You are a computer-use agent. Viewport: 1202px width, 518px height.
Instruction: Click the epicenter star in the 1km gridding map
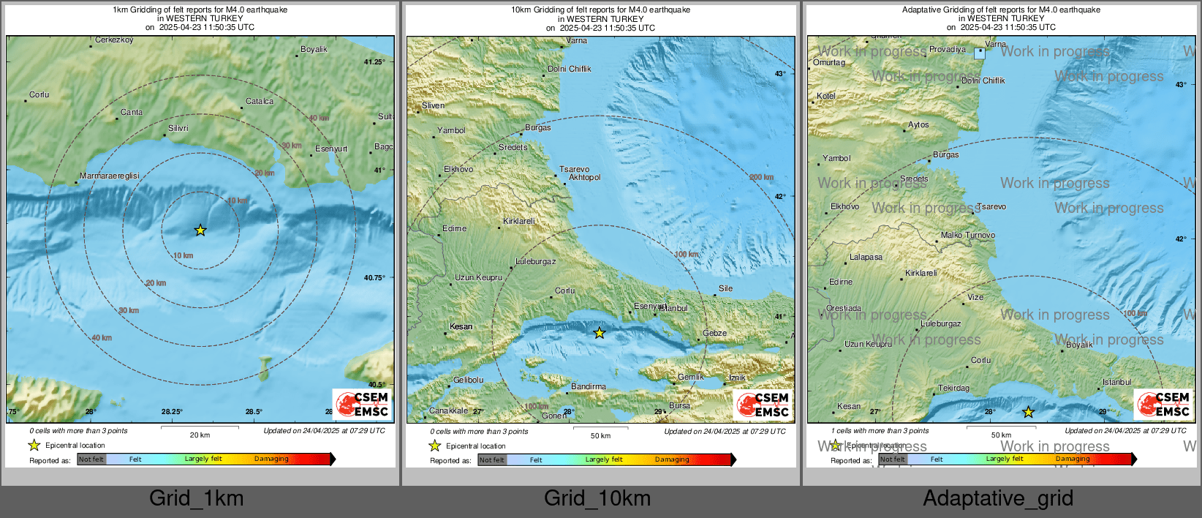tap(200, 230)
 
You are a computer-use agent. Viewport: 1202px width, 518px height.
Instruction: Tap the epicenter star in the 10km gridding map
tap(600, 334)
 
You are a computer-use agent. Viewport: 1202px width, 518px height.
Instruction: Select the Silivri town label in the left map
tap(178, 128)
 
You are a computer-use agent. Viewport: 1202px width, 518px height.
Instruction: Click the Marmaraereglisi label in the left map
tap(109, 176)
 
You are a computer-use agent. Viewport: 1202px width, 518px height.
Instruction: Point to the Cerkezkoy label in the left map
tap(114, 40)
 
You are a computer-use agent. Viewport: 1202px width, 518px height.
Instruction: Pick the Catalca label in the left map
tap(260, 102)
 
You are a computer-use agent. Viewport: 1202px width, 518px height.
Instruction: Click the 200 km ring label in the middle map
tap(761, 177)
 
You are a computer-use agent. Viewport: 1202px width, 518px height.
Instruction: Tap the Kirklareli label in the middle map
tap(519, 221)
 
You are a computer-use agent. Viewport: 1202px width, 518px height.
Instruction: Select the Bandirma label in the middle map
tap(589, 386)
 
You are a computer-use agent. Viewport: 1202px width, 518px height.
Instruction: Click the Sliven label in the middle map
tap(433, 105)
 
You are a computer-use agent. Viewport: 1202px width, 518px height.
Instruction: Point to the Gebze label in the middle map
tap(714, 333)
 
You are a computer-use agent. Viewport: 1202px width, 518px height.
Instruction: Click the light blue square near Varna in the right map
tap(980, 53)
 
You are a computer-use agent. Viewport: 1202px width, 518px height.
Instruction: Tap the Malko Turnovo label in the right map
tap(967, 235)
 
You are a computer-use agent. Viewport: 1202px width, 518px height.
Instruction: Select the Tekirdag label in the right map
tap(953, 388)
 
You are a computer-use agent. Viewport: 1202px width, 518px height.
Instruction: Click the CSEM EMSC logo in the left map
tap(362, 403)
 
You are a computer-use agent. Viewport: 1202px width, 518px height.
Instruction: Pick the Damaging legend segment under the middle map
tap(673, 459)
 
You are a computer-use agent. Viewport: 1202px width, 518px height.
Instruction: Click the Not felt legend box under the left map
tap(91, 459)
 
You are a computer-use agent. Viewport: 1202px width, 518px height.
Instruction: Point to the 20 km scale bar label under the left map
tap(200, 435)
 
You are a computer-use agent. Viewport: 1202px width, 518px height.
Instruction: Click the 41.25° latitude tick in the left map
tap(374, 62)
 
